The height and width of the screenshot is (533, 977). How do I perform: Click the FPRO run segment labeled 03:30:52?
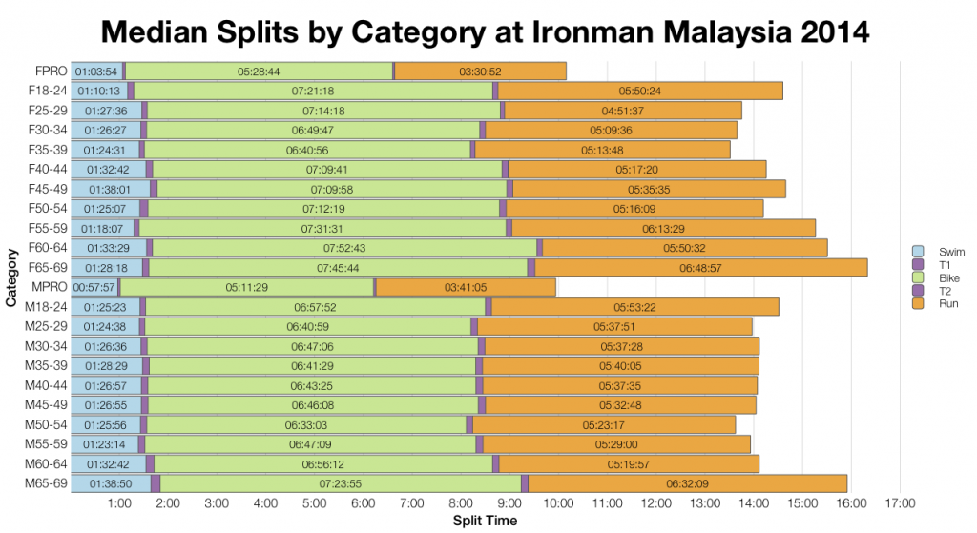[480, 71]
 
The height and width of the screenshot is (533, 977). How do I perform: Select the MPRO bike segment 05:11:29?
[246, 286]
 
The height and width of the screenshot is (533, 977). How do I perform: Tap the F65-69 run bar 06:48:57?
[700, 267]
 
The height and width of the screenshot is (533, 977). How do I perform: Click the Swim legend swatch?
[918, 251]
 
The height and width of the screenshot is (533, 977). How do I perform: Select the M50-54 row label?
[45, 424]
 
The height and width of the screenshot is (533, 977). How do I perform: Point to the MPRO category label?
[49, 286]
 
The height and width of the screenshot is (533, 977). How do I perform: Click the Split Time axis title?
[485, 522]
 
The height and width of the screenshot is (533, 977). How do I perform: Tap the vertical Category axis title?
[10, 277]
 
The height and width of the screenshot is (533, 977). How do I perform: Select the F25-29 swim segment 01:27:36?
[106, 110]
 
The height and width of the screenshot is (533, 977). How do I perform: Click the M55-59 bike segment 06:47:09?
[311, 444]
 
